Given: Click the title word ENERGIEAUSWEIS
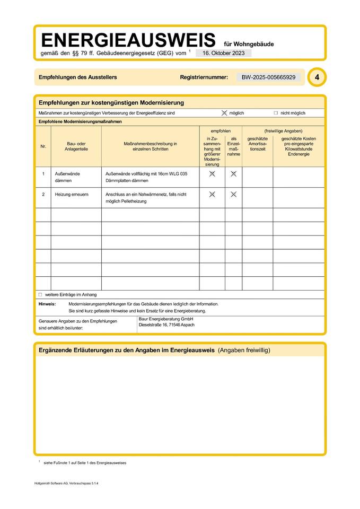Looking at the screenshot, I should [128, 40].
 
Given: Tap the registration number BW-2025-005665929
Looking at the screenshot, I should [268, 77].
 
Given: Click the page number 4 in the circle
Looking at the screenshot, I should [317, 77].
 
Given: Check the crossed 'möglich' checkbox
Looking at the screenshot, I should [224, 113].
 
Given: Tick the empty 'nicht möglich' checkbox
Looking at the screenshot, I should [276, 113].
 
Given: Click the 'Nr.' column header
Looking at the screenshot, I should [43, 146].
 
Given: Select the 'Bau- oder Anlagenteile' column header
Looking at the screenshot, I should [76, 146].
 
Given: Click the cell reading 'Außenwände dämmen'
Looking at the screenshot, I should [66, 177].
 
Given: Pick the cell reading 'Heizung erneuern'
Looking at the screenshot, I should [71, 195].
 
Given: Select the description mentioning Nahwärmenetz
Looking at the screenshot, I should [146, 198].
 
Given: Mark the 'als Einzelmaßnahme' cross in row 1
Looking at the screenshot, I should [233, 174].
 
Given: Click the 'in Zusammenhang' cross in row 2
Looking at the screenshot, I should [212, 195].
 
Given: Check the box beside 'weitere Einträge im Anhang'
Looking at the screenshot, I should [40, 294].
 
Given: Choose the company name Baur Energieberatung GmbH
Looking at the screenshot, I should [165, 319].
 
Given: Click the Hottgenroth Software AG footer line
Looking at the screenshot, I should [66, 484].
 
